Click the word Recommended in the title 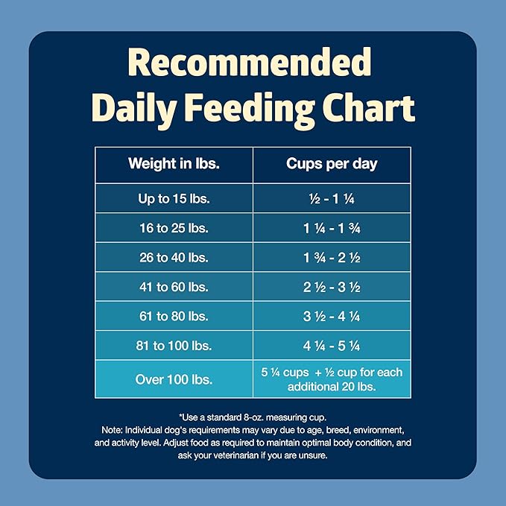(253, 63)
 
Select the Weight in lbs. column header (174, 164)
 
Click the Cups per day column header (332, 164)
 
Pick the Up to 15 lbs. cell (174, 198)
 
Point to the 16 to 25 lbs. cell (174, 228)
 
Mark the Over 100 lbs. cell (174, 379)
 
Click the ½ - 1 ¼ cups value (332, 198)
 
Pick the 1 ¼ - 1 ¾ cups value (332, 228)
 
